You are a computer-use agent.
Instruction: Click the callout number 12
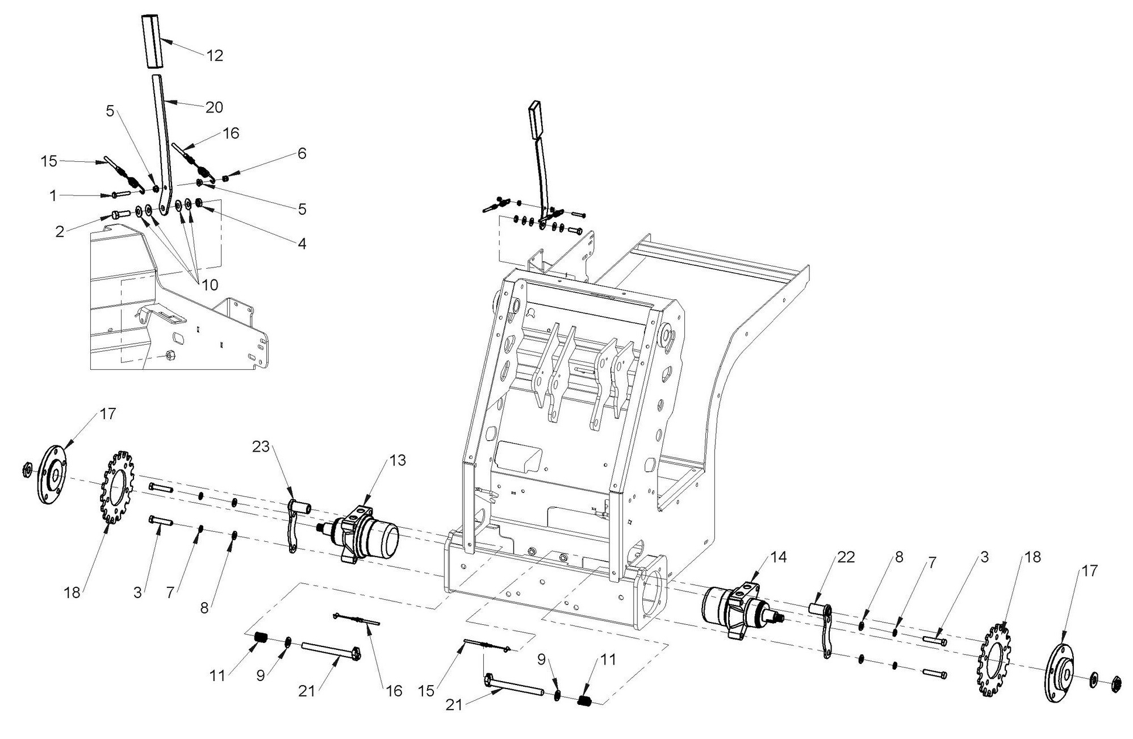[215, 56]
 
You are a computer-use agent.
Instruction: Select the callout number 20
[214, 107]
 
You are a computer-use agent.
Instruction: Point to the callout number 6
[302, 153]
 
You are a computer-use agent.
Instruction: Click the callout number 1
[53, 196]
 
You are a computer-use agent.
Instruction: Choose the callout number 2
[60, 232]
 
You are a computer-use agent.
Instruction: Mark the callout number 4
[302, 244]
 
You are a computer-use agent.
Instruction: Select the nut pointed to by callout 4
[200, 202]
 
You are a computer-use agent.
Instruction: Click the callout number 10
[210, 285]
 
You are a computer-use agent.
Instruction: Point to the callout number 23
[261, 447]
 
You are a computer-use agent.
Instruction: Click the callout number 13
[398, 460]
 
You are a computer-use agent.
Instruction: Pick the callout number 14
[779, 557]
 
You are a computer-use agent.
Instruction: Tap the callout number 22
[846, 558]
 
